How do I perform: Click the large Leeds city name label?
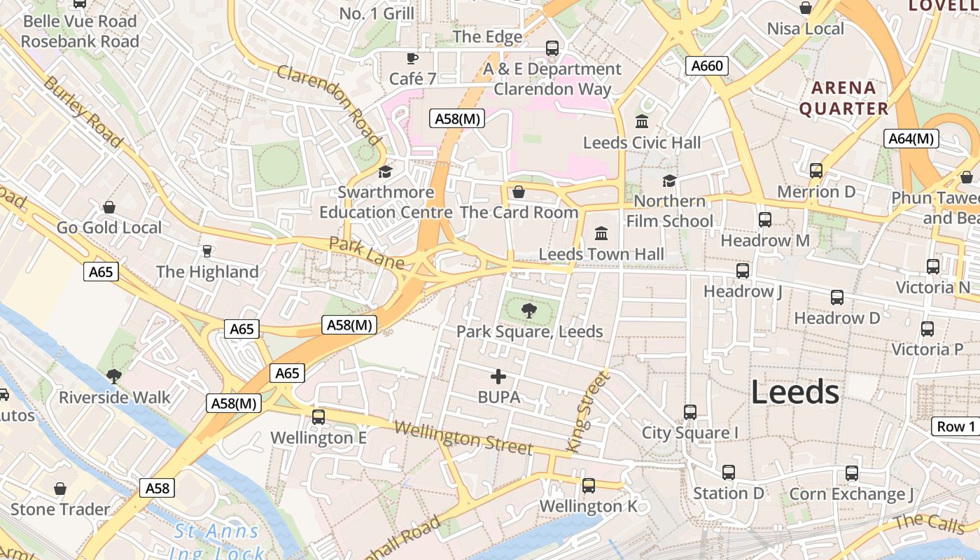click(x=794, y=392)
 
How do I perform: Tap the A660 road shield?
click(x=706, y=66)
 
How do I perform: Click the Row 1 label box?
click(x=955, y=426)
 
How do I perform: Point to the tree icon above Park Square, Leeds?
click(x=528, y=310)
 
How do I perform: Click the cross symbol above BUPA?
click(x=498, y=377)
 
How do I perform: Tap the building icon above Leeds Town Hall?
click(x=601, y=233)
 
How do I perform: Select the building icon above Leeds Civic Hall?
click(x=641, y=122)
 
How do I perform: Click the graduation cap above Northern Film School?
click(x=669, y=181)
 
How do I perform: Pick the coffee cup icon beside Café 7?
click(x=412, y=58)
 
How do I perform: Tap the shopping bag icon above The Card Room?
click(x=519, y=192)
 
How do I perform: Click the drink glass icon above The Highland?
click(x=206, y=251)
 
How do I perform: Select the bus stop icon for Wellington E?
click(x=318, y=417)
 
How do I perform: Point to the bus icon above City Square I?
click(x=690, y=412)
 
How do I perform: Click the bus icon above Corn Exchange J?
click(x=851, y=473)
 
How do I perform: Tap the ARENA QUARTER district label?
click(x=843, y=98)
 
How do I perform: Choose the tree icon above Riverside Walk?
click(x=114, y=377)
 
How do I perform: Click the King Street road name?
click(x=588, y=411)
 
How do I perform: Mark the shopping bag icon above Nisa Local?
click(x=806, y=8)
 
